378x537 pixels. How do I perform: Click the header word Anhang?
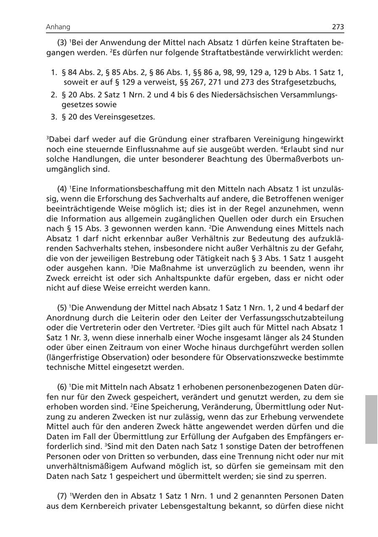[x=58, y=27]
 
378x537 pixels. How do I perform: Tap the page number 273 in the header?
[x=338, y=27]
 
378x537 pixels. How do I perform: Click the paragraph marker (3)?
[x=63, y=43]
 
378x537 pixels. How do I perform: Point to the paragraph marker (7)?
[x=63, y=496]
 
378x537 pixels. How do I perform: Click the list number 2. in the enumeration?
[x=54, y=94]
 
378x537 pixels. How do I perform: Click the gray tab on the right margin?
[x=371, y=419]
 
